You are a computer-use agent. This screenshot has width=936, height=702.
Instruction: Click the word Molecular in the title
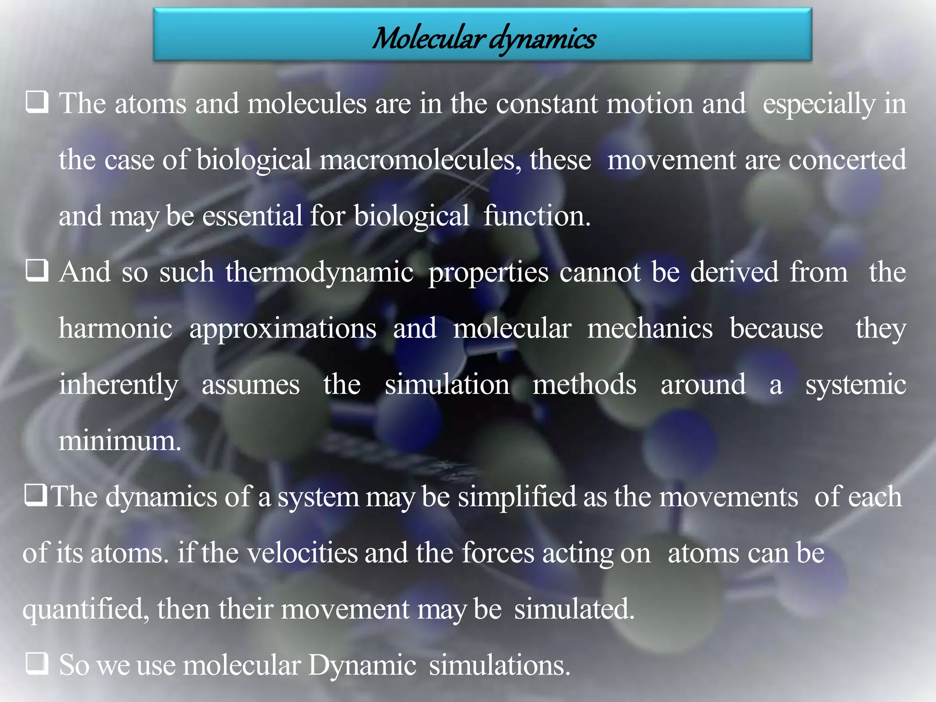(x=428, y=38)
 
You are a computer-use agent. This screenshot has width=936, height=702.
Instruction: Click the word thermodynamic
(x=319, y=272)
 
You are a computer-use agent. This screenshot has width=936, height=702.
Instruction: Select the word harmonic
(x=116, y=328)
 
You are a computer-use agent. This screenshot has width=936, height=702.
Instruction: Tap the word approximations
(x=283, y=329)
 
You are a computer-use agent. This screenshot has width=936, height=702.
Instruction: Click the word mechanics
(x=649, y=328)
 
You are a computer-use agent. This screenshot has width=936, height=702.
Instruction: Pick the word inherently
(x=118, y=385)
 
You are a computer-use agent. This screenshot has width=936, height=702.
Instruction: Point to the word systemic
(x=856, y=385)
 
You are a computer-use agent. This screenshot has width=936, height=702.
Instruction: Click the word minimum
(x=120, y=441)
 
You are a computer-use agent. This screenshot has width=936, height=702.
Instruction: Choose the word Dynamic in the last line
(x=362, y=665)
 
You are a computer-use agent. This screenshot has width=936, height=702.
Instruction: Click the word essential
(x=252, y=216)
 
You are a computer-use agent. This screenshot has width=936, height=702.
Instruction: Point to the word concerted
(x=847, y=160)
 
